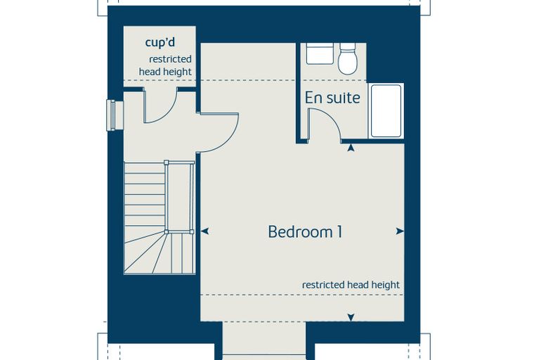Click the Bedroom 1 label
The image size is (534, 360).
coord(305,232)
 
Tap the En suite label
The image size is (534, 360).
coord(332,98)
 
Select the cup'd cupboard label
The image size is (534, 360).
coord(160,43)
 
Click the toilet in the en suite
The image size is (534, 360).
coord(348,58)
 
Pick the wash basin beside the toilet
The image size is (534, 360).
coord(320,53)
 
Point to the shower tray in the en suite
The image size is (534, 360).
coord(386,111)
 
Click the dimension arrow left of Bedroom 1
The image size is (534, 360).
coord(204,231)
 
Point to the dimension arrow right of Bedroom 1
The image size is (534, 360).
coord(400,231)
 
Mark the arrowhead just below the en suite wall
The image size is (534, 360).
coord(351,148)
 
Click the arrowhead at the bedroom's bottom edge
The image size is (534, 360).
coord(351,317)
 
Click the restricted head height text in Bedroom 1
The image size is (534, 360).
coord(351,285)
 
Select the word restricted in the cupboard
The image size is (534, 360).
coord(170,59)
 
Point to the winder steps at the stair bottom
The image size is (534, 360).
coord(159,252)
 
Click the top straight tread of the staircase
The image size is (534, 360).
coord(145,168)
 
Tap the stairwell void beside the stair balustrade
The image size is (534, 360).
coord(179,197)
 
